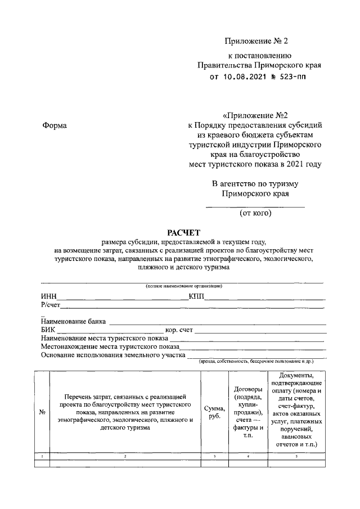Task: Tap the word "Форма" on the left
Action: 55,125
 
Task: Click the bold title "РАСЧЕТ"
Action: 183,232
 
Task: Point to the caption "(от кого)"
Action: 255,213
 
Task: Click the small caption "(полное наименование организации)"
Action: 183,286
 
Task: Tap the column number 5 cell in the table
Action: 296,456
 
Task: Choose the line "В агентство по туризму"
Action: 255,184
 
